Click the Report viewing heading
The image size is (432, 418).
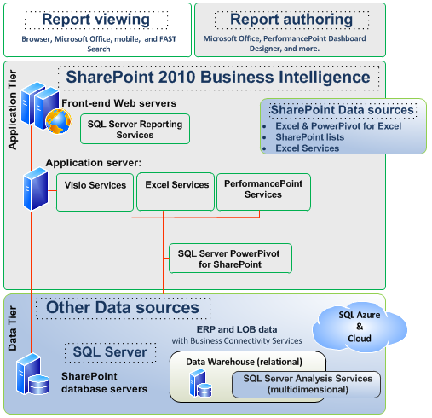tap(95, 20)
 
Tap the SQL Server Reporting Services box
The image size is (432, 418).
tap(134, 129)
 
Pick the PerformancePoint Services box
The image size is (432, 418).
tap(262, 189)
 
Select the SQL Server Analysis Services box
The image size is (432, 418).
tap(307, 384)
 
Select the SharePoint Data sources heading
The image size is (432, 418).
tap(342, 110)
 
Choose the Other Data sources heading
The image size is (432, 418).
tap(122, 307)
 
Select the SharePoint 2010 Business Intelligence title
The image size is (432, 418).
tap(218, 77)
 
